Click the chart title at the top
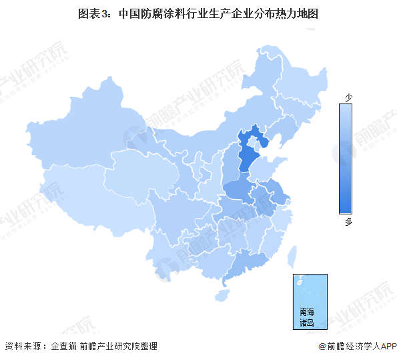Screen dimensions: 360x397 point(197,12)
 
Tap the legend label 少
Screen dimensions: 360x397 point(348,98)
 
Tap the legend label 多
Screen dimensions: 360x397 point(348,222)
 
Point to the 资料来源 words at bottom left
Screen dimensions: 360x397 point(21,346)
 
